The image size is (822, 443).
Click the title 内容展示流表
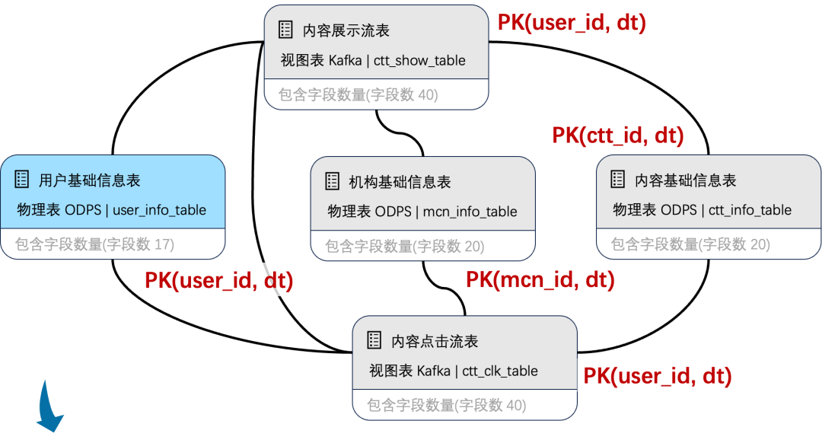(x=346, y=30)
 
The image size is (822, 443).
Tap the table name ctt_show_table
(x=419, y=60)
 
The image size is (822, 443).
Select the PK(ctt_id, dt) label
(x=618, y=135)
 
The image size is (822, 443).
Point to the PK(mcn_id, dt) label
(x=540, y=279)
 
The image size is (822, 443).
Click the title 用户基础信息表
(x=90, y=180)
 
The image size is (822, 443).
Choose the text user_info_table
(x=159, y=210)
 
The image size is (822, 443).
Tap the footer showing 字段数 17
(x=95, y=244)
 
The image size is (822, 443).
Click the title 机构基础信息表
(x=400, y=182)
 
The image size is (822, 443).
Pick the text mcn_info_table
(x=470, y=212)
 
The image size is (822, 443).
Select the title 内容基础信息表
(x=685, y=180)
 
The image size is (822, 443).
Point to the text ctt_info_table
(x=750, y=210)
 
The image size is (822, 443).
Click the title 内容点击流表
(x=435, y=341)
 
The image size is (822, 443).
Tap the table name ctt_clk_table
(x=500, y=371)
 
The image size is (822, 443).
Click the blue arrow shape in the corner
(x=49, y=406)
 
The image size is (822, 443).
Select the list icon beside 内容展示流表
(x=285, y=30)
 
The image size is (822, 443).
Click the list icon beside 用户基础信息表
(x=22, y=180)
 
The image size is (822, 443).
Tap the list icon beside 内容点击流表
(x=374, y=340)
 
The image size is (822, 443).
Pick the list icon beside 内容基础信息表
(x=618, y=180)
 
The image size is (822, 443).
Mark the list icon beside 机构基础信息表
(x=333, y=181)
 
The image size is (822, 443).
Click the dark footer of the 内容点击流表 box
(x=464, y=406)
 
